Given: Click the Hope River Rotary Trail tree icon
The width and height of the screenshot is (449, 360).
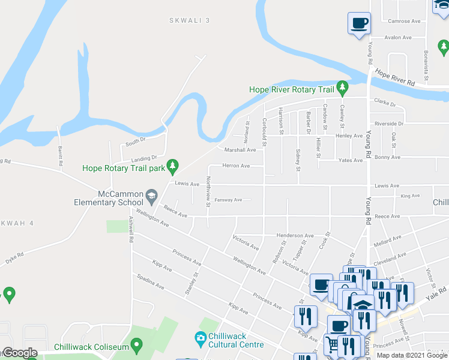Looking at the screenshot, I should pyautogui.click(x=342, y=88).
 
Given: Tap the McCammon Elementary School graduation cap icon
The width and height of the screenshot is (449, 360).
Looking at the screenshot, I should pyautogui.click(x=152, y=195).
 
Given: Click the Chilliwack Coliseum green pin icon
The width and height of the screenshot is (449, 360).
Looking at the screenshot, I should pyautogui.click(x=137, y=346).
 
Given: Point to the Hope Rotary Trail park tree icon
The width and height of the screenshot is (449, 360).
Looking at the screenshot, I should pyautogui.click(x=173, y=165).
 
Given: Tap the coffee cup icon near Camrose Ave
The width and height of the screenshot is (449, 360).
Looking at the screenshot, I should pyautogui.click(x=359, y=24).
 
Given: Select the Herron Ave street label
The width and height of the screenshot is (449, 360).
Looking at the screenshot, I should pyautogui.click(x=236, y=166).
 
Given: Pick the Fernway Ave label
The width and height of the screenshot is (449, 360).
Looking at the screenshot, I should pyautogui.click(x=228, y=200).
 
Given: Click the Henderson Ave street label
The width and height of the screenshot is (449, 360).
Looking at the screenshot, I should pyautogui.click(x=295, y=236).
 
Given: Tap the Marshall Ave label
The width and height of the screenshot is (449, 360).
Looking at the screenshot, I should pyautogui.click(x=240, y=150).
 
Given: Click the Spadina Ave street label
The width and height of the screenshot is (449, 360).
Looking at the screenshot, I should pyautogui.click(x=150, y=283).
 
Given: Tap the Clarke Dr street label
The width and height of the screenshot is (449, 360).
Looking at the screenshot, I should pyautogui.click(x=385, y=104).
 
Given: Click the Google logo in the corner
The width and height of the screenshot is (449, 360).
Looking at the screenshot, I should pyautogui.click(x=20, y=353).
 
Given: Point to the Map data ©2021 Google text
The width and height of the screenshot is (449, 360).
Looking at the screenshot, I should pyautogui.click(x=412, y=355).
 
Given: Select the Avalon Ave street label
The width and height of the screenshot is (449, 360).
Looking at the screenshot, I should pyautogui.click(x=398, y=37).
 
